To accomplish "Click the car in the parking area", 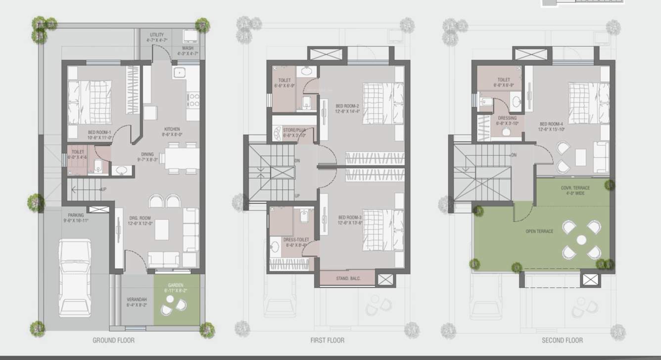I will coord(74,277).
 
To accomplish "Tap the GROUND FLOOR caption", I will coord(113,340).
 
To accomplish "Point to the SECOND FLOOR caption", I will coord(562,340).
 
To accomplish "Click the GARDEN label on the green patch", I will coord(176,285).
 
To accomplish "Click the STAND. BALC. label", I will coord(348,278).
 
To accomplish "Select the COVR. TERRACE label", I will coord(575,188).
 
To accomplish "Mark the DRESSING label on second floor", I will coord(507,118).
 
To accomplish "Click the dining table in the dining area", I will coord(182,158).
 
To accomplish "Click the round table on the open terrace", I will coord(581,240).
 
